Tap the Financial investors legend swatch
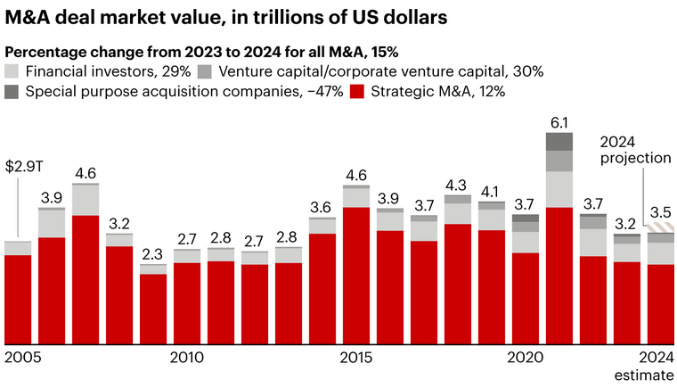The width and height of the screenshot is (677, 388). coord(12,71)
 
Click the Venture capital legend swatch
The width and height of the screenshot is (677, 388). coord(204,71)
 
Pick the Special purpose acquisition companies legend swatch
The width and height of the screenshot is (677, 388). coord(12,91)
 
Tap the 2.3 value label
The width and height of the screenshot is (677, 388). coord(152,253)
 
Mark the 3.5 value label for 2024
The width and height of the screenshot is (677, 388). coord(660,212)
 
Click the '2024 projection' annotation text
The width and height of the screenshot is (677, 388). coord(634,150)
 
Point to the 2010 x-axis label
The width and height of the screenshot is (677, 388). coord(186,358)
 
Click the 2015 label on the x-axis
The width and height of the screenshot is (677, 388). coord(355,358)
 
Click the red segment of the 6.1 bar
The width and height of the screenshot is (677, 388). coord(559,277)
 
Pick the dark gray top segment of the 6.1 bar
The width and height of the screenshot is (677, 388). coord(559,142)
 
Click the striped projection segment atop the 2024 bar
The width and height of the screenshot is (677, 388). coord(660,228)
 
